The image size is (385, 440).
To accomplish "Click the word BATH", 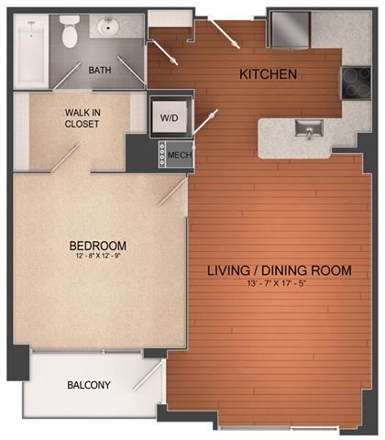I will click(100, 70).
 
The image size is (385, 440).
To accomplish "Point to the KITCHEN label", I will click(268, 74).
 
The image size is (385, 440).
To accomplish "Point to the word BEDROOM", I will click(97, 246).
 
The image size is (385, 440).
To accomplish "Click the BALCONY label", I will click(89, 385).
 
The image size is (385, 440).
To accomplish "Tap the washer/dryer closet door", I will click(207, 122).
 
